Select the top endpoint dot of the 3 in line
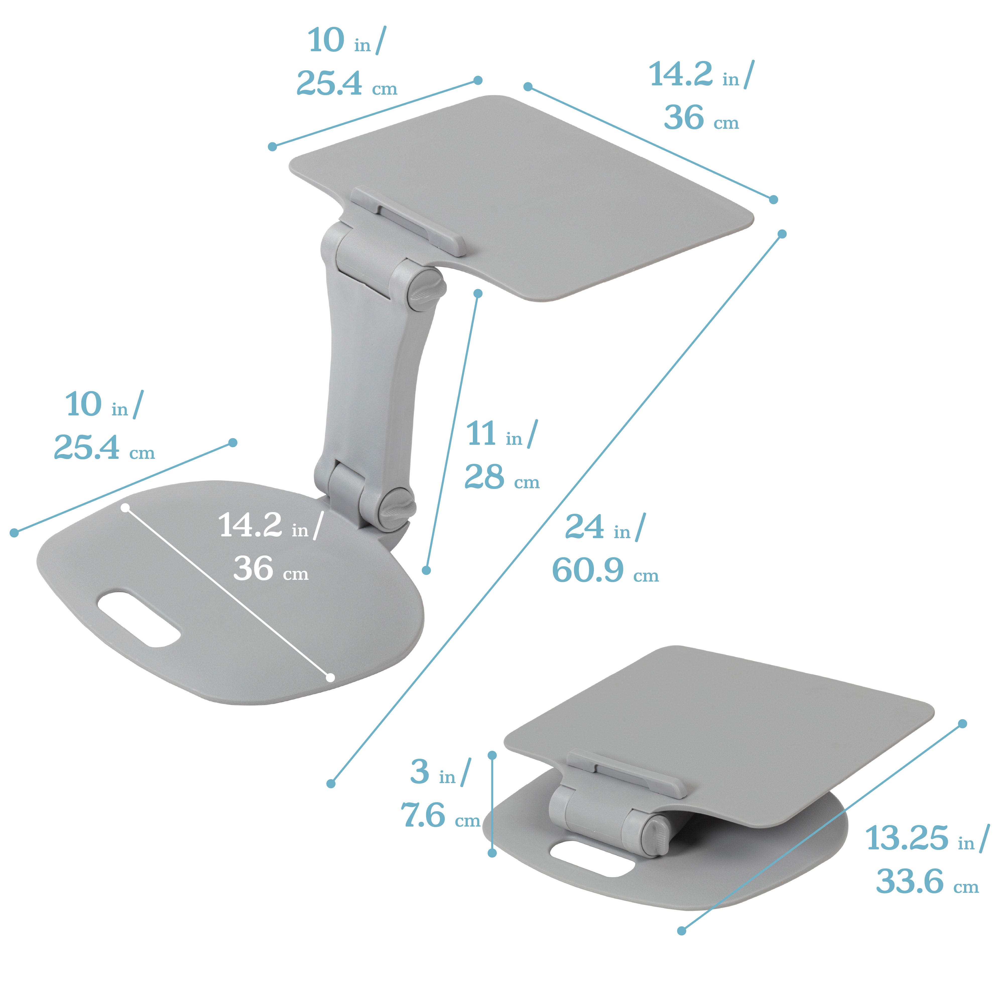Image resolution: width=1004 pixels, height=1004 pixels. tap(492, 755)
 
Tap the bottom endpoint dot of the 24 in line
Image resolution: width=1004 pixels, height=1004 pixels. tap(331, 783)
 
